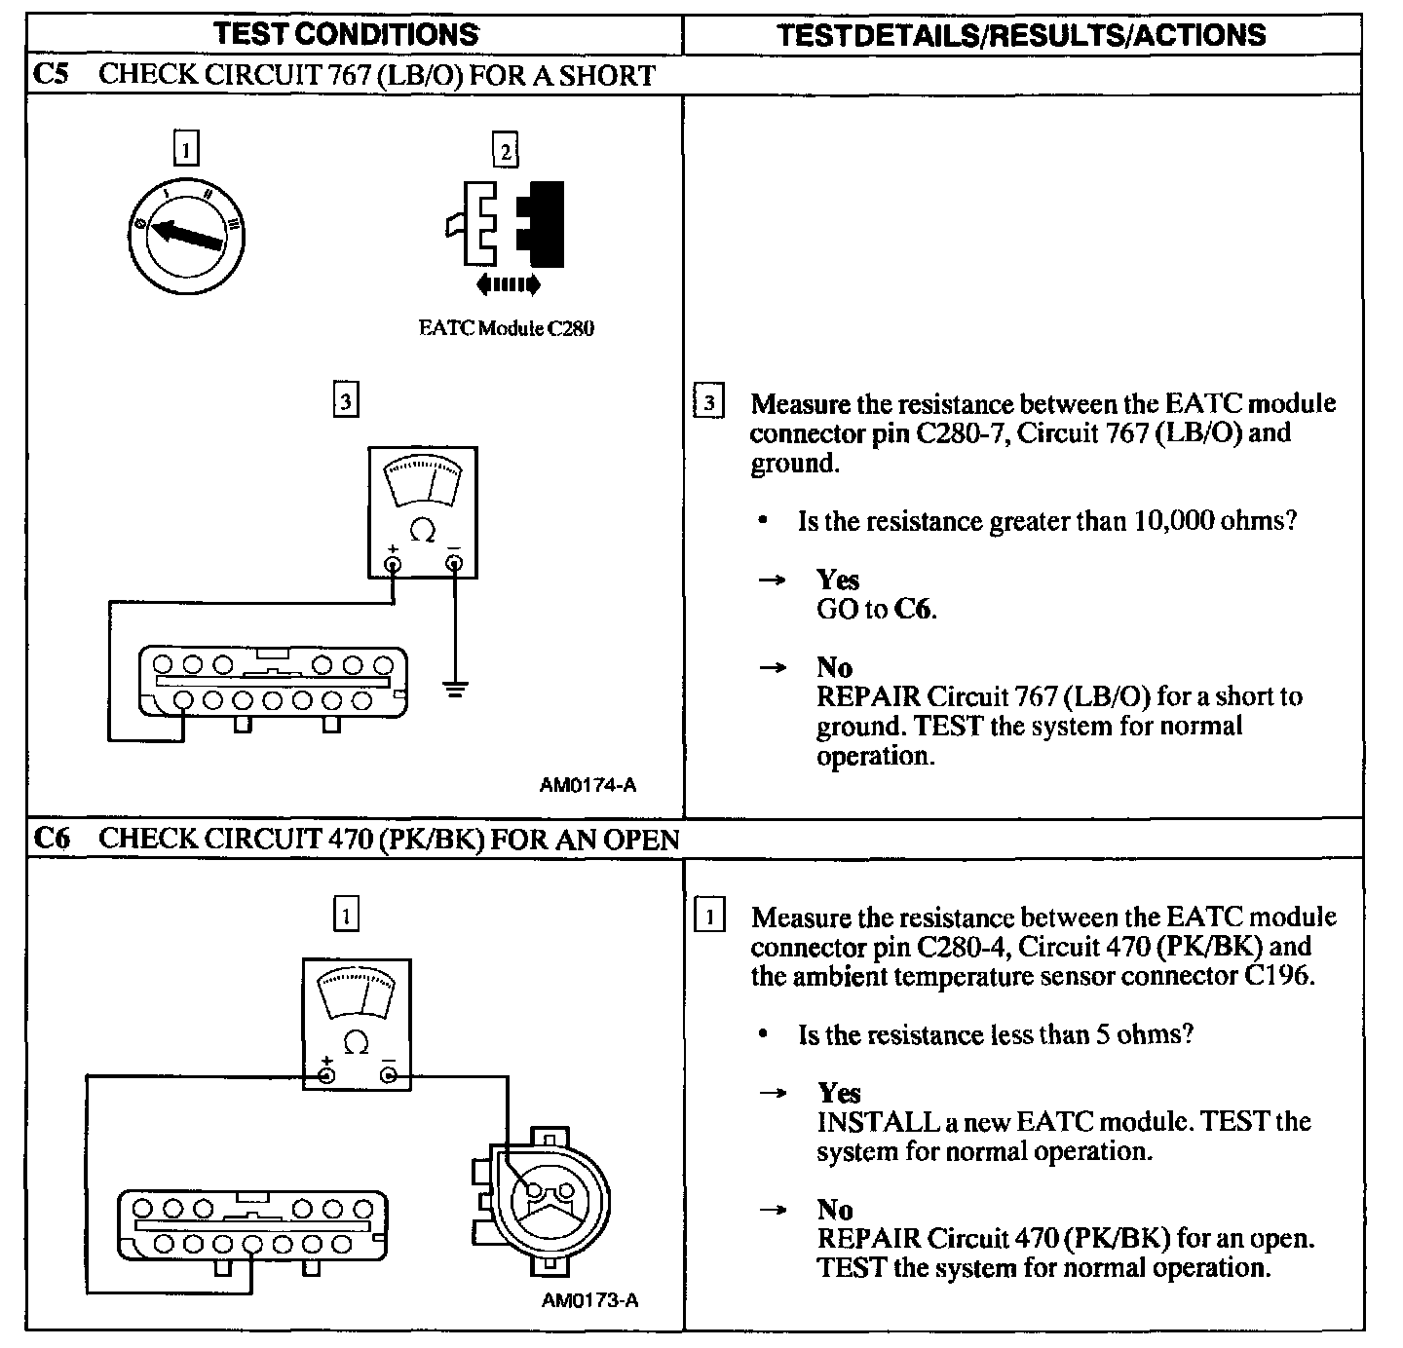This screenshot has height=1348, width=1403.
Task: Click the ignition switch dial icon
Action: pyautogui.click(x=187, y=234)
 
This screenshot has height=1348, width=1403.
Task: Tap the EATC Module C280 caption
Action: pyautogui.click(x=506, y=328)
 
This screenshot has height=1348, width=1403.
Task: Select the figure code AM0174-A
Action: pyautogui.click(x=588, y=784)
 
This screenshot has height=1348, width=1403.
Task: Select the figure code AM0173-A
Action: pyautogui.click(x=589, y=1299)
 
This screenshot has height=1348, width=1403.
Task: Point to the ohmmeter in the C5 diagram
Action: pyautogui.click(x=423, y=512)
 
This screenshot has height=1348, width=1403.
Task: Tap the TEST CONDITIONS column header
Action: pyautogui.click(x=346, y=34)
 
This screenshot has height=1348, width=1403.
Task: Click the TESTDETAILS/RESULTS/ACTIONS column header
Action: pyautogui.click(x=1021, y=35)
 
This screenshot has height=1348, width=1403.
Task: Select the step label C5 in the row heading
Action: pyautogui.click(x=51, y=75)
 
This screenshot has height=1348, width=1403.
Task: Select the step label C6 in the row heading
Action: pyautogui.click(x=51, y=839)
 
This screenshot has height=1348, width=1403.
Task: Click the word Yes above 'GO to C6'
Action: pyautogui.click(x=837, y=580)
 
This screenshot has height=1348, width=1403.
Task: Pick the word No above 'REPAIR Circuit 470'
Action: pyautogui.click(x=834, y=1210)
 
